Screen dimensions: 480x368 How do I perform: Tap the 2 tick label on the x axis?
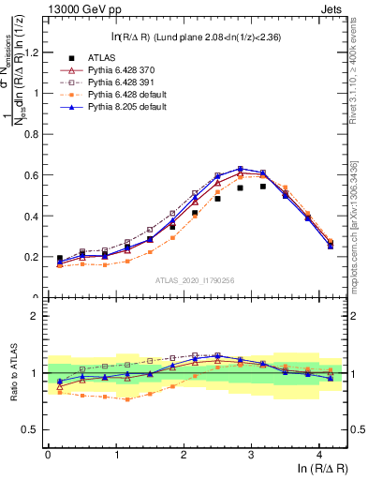pyautogui.click(x=183, y=454)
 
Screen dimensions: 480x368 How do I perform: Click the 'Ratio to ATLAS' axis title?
pyautogui.click(x=12, y=372)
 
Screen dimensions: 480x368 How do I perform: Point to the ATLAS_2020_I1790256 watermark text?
pyautogui.click(x=196, y=280)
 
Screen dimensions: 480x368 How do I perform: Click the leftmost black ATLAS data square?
pyautogui.click(x=60, y=258)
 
